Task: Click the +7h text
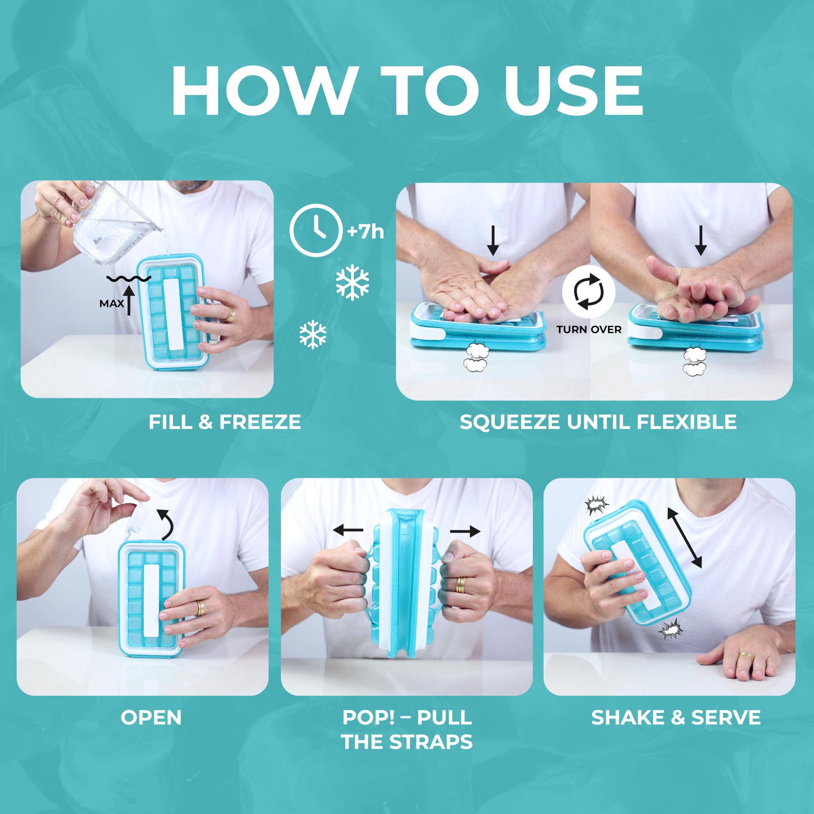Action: tap(366, 232)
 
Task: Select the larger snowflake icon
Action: tap(352, 282)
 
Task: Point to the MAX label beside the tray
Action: tap(112, 303)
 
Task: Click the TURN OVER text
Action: tap(589, 329)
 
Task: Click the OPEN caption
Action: tap(151, 718)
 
